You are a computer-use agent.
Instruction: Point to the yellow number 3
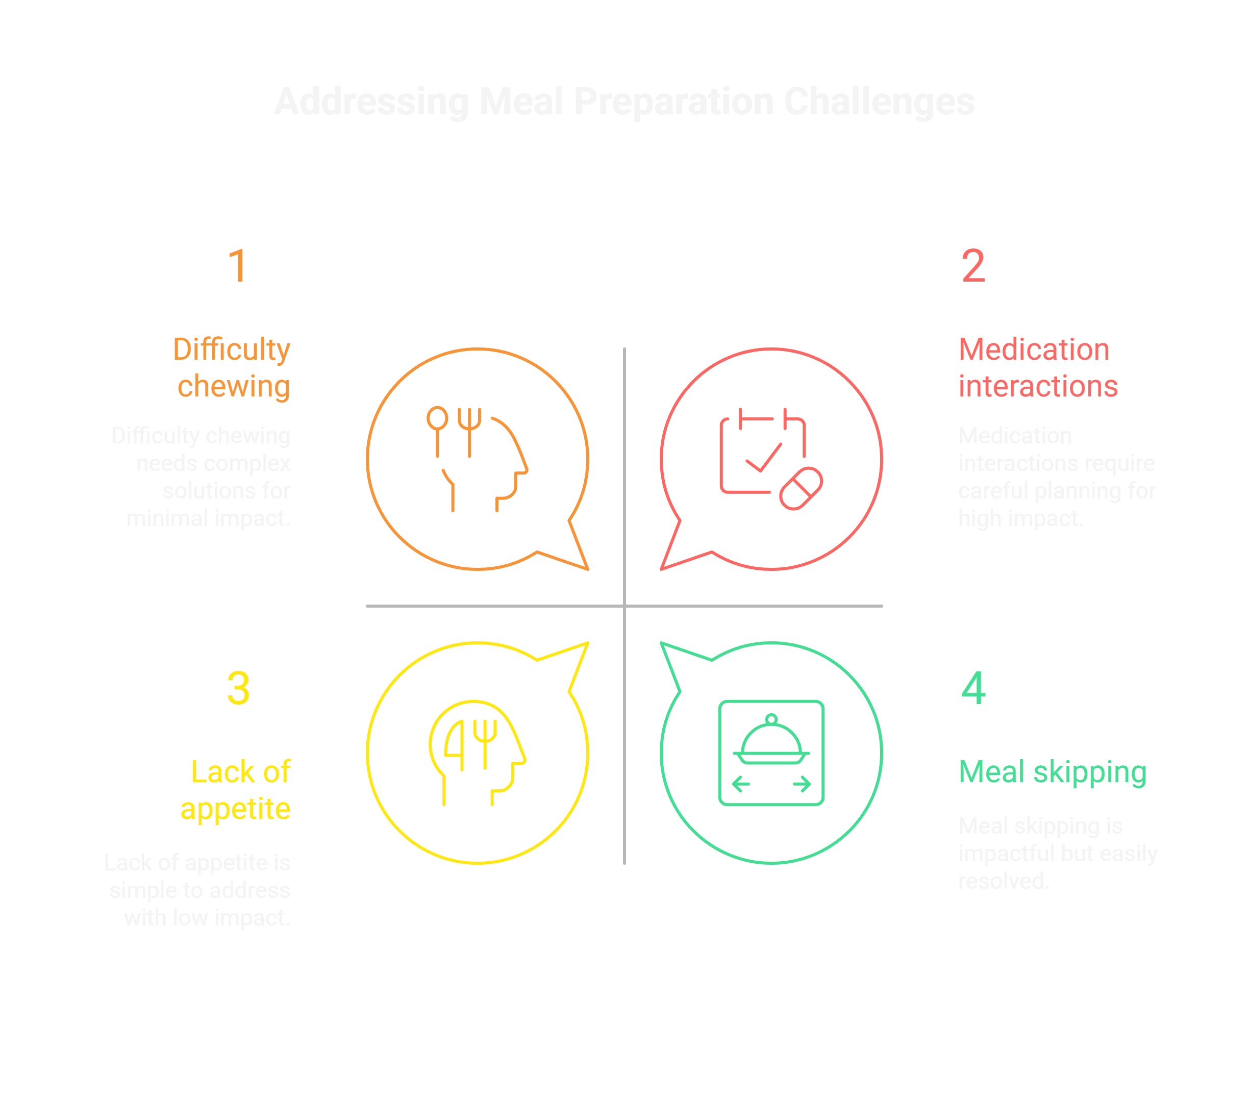point(238,688)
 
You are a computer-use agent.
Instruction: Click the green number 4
point(973,688)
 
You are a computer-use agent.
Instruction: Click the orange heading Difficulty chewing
point(232,368)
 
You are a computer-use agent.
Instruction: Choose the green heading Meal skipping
point(1052,772)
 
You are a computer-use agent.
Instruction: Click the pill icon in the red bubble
point(801,488)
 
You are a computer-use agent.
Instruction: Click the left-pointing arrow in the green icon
point(741,784)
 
